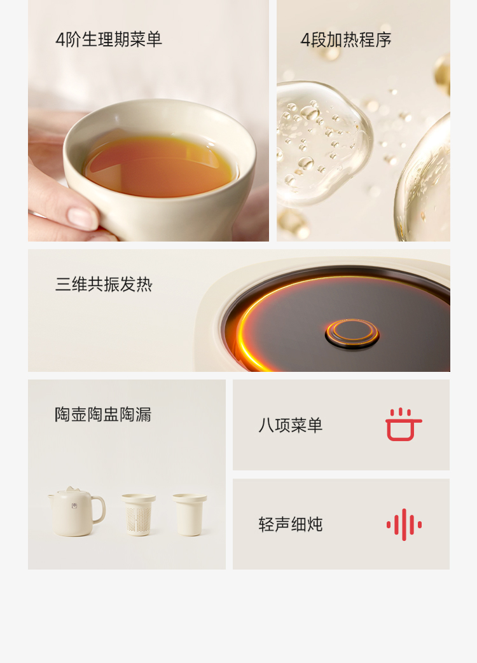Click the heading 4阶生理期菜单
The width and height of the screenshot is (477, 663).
[x=109, y=39]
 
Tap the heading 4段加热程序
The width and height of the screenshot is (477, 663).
[x=346, y=40]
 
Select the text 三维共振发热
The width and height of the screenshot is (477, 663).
[x=104, y=284]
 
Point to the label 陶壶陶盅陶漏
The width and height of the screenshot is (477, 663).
[x=103, y=414]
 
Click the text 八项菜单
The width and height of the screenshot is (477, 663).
[x=291, y=425]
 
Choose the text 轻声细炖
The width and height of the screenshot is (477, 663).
[x=291, y=524]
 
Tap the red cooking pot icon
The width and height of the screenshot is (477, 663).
[x=404, y=425]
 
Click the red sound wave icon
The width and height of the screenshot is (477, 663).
[x=404, y=524]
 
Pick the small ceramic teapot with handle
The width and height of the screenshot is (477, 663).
[x=76, y=511]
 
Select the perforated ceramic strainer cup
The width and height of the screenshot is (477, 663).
[x=139, y=515]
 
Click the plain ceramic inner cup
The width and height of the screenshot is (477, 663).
[x=190, y=515]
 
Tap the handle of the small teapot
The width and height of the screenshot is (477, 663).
[x=99, y=509]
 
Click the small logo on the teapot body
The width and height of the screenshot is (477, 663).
[x=74, y=505]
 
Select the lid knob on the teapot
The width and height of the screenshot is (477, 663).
[x=71, y=489]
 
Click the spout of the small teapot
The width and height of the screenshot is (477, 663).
[x=51, y=495]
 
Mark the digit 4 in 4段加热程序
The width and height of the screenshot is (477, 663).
[x=305, y=40]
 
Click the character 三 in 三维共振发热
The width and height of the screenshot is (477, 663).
[x=63, y=285]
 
